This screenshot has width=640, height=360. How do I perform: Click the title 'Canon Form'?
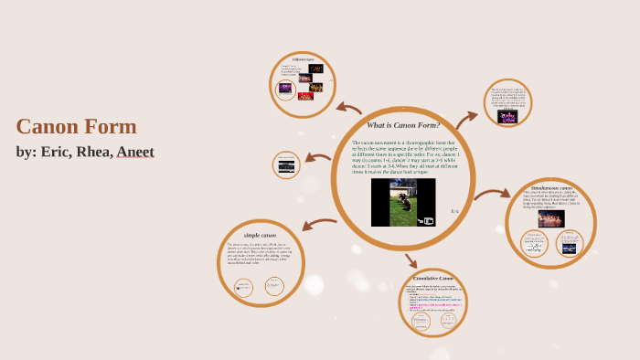coord(76,127)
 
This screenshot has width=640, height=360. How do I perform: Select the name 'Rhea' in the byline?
coord(92,152)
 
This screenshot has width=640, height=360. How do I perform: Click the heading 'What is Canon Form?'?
coord(403,124)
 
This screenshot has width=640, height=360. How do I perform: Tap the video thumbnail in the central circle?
coord(403,202)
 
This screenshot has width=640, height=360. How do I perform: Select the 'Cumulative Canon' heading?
coord(433,278)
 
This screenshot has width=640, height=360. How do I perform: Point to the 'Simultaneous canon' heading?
coord(550,187)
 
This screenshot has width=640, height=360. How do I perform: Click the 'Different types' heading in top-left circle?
coord(304,58)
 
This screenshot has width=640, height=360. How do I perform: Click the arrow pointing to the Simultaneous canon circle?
coord(492,193)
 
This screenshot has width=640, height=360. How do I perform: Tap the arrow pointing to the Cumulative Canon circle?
coord(411,260)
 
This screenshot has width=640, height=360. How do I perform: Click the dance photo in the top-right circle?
coord(507,117)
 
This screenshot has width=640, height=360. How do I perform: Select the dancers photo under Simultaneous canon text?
coord(550,219)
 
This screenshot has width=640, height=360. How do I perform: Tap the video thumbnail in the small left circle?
coord(286,165)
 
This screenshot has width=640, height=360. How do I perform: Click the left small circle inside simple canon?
coord(243,288)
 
